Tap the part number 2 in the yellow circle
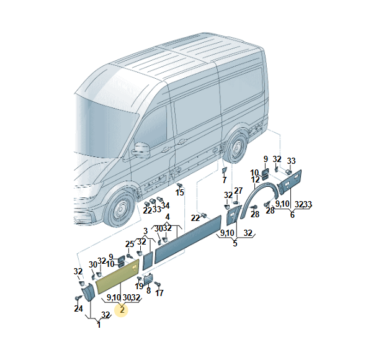[122, 310]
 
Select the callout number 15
[180, 193]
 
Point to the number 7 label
[225, 180]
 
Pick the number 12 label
[254, 180]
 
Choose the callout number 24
[78, 308]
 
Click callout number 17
[159, 292]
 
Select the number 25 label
[130, 244]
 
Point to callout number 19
[140, 286]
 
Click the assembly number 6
[292, 215]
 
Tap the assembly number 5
[235, 244]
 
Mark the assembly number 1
[98, 325]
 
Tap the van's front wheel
[120, 211]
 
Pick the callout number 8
[149, 290]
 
